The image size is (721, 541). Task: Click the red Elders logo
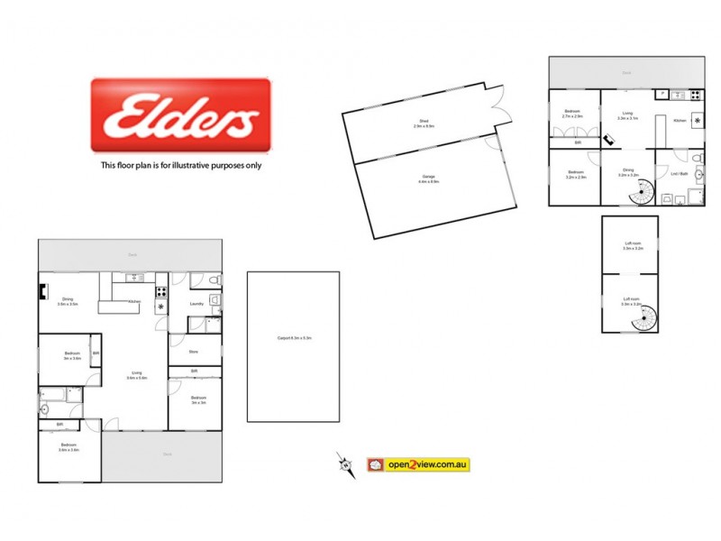point(180,115)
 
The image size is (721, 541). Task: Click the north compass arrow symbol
point(344,464)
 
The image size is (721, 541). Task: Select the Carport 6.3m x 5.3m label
point(293,339)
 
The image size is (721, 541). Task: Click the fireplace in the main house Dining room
point(42,290)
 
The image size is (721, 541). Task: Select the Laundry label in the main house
point(196,304)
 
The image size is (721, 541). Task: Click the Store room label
point(193,352)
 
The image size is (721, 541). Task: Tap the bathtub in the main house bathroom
point(55,392)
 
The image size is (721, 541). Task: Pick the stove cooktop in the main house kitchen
point(161,291)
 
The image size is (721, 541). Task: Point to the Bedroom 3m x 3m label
point(198,399)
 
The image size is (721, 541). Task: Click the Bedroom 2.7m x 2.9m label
point(572,115)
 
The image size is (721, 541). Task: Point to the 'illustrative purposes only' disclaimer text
point(180,165)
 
